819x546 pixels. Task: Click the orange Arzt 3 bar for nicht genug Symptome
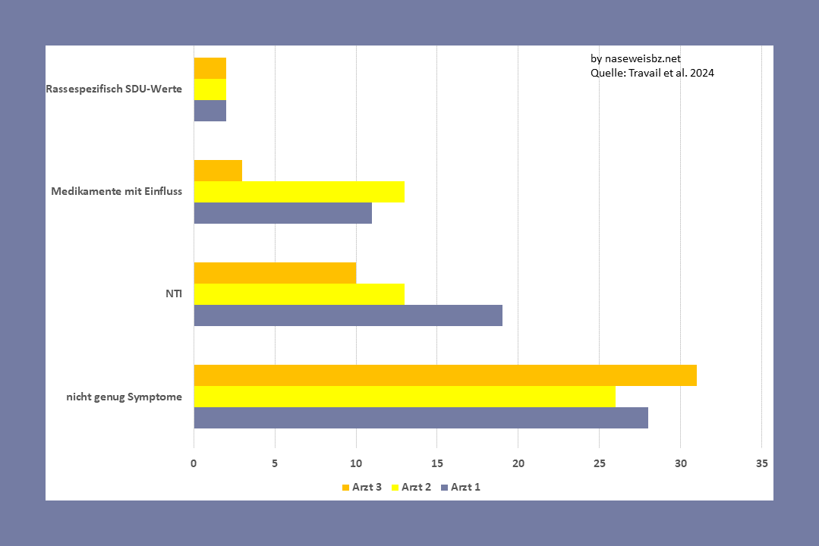[x=445, y=375]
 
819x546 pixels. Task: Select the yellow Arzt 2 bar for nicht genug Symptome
[x=405, y=397]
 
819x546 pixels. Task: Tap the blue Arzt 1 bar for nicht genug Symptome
[x=421, y=418]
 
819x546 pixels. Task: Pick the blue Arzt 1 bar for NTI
[x=348, y=315]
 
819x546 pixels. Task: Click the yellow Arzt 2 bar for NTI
[x=299, y=294]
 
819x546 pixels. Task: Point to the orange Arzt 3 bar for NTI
[x=275, y=273]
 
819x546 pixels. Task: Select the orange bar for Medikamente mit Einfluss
[x=218, y=171]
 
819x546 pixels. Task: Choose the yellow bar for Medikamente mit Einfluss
[x=299, y=192]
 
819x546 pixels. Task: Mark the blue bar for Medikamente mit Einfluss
[x=282, y=213]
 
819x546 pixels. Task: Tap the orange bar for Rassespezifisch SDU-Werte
[x=210, y=68]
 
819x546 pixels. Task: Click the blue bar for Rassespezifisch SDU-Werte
[x=210, y=111]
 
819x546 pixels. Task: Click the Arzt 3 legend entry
[x=361, y=487]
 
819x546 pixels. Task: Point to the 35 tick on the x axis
[x=761, y=463]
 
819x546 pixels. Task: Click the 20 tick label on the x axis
[x=518, y=463]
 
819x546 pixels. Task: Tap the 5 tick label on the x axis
[x=275, y=463]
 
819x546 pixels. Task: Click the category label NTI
[x=174, y=293]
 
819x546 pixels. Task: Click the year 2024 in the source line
[x=702, y=74]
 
